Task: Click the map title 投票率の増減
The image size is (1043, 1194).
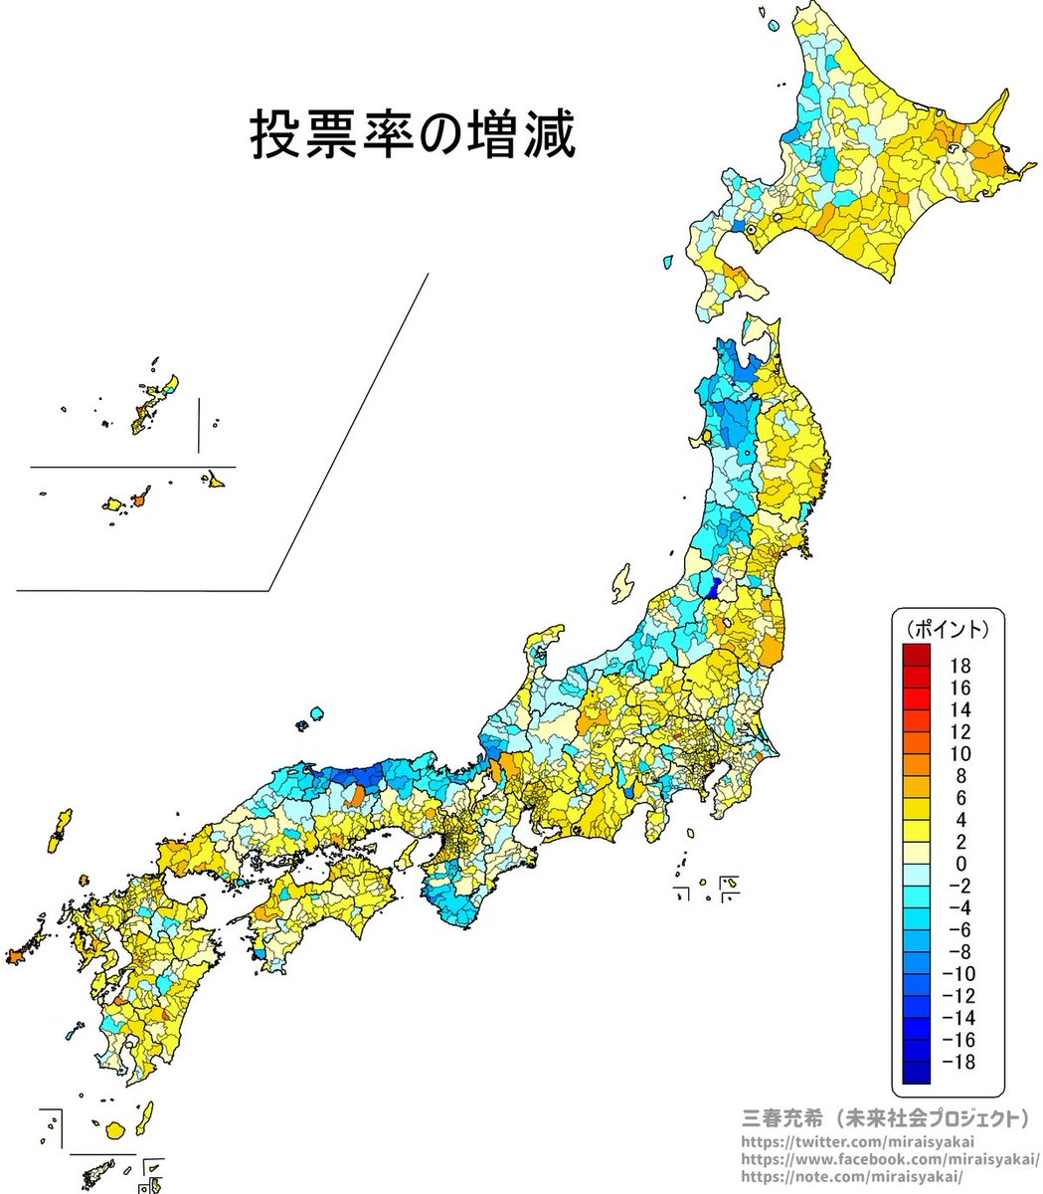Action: point(412,135)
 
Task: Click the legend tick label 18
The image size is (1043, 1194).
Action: point(959,666)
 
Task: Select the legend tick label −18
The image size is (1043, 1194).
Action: point(956,1062)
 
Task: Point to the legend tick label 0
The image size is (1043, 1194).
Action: point(960,864)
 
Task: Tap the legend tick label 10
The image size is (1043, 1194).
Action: point(959,753)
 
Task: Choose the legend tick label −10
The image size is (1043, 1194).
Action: point(956,974)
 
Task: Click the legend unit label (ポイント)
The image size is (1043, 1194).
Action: point(948,629)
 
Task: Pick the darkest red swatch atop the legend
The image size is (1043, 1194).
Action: point(916,655)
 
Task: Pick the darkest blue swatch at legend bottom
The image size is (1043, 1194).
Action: point(916,1073)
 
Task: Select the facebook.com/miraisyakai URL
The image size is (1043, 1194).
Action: point(890,1159)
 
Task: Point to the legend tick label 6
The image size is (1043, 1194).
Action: point(960,798)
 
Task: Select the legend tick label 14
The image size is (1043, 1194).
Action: point(959,709)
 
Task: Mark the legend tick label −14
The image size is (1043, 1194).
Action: point(956,1018)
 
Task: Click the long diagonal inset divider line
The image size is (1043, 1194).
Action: point(348,432)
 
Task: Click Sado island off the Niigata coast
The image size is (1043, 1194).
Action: point(623,583)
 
